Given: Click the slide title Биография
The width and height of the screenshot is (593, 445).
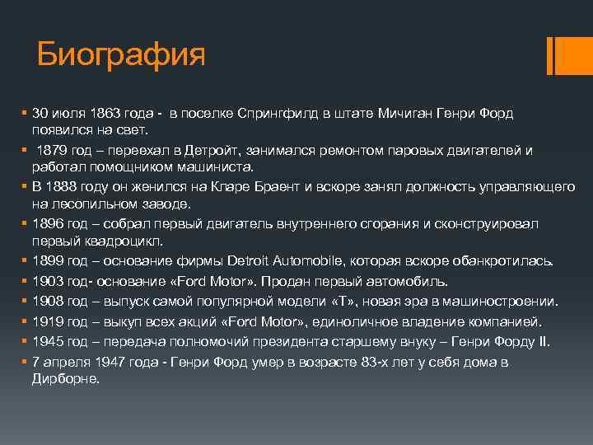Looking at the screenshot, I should (120, 55).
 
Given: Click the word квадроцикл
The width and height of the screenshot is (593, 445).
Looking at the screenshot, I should (123, 241).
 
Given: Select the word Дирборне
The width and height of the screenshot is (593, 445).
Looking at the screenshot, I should (66, 379).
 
